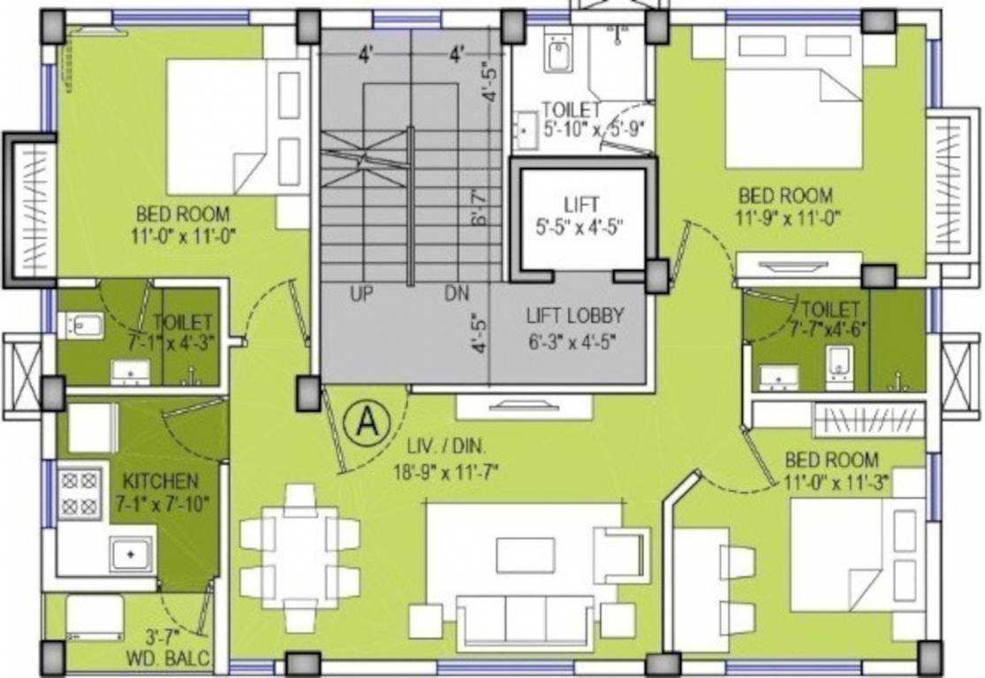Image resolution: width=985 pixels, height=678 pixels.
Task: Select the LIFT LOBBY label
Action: [575, 315]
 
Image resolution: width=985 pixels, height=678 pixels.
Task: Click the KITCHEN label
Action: [160, 482]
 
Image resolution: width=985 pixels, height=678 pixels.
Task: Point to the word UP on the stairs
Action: [362, 294]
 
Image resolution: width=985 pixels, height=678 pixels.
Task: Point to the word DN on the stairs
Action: [456, 294]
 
